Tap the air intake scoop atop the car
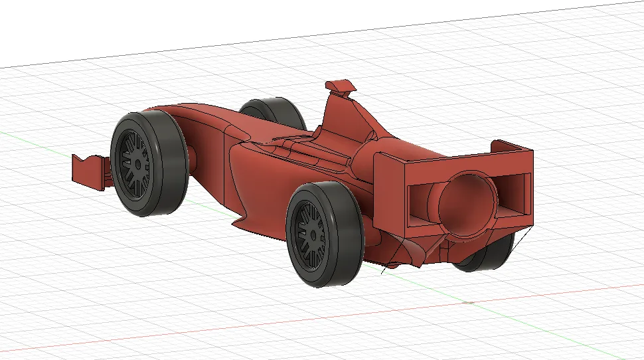339,86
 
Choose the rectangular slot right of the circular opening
514,193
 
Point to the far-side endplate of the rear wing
511,146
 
